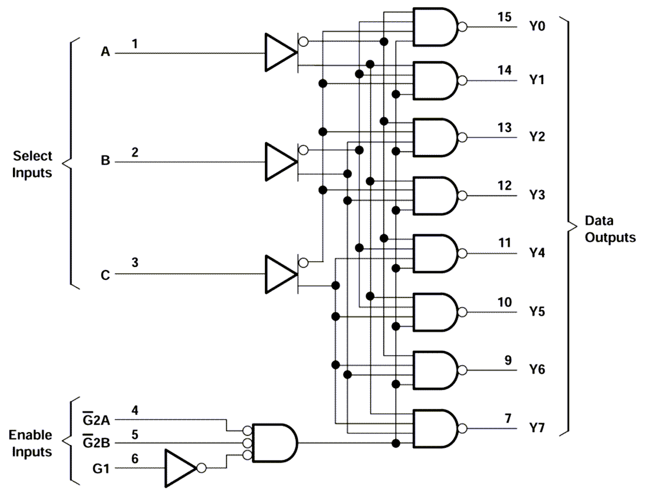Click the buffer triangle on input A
point(280,53)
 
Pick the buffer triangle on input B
point(280,161)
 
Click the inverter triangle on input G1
point(180,468)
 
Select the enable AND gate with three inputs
point(274,442)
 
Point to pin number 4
point(134,410)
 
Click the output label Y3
point(537,195)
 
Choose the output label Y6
point(537,369)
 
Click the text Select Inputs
point(33,164)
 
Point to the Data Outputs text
point(610,230)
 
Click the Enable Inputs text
point(30,443)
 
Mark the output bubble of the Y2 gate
point(463,137)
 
